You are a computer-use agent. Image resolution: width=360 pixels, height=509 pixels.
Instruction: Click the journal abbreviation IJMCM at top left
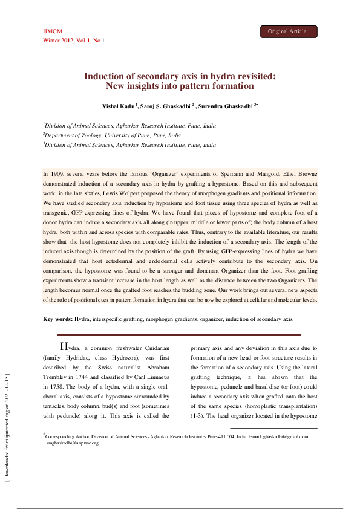click(53, 31)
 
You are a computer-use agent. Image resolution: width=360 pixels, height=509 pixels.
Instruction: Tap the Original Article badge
click(287, 31)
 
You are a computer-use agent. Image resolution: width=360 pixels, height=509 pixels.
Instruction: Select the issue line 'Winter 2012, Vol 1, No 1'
click(73, 40)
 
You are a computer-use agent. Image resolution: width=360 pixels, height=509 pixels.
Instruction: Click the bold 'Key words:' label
click(58, 319)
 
